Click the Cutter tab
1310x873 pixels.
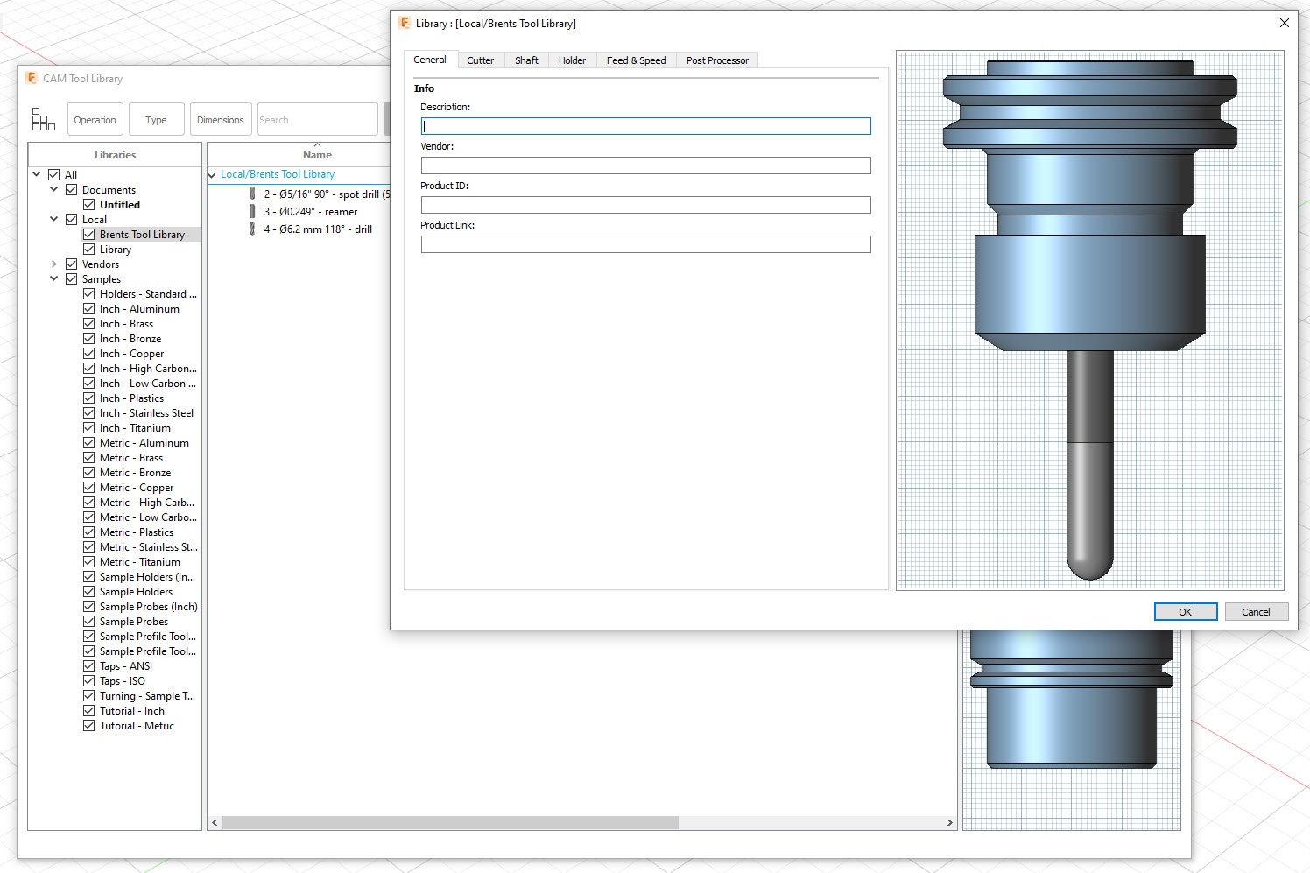[x=480, y=60]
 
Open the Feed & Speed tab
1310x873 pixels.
[x=636, y=60]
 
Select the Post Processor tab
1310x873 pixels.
[x=716, y=60]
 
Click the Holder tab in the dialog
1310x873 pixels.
[x=572, y=60]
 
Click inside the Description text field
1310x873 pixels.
[x=645, y=126]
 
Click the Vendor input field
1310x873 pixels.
[x=645, y=165]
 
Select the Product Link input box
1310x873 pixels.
[x=645, y=244]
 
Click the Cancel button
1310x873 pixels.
[x=1255, y=612]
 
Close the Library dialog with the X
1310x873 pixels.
[x=1284, y=23]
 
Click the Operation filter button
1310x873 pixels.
[x=95, y=120]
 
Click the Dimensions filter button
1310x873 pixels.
[x=221, y=120]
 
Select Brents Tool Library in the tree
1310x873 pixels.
[x=142, y=235]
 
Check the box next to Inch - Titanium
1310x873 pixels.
[x=89, y=428]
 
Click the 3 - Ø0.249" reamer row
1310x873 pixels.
[x=311, y=212]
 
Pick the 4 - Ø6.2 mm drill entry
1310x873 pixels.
[x=318, y=229]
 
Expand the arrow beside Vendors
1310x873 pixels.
[x=53, y=264]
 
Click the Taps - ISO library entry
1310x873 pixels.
[x=123, y=681]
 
